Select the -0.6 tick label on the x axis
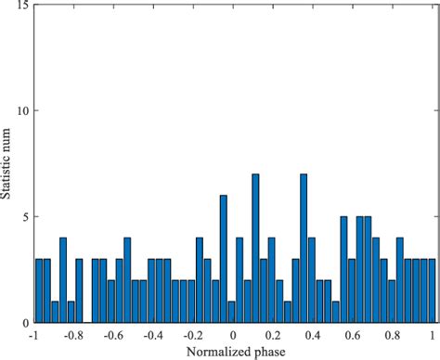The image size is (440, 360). point(111,335)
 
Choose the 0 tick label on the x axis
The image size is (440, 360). point(234,335)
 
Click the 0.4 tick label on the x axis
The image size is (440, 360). point(313,335)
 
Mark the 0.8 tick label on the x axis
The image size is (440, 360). point(393,335)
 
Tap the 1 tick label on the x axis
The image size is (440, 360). point(433,335)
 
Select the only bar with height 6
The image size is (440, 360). point(223,260)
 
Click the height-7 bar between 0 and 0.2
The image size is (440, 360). point(255,249)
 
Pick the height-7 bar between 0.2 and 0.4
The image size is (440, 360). point(303,249)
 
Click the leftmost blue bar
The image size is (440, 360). point(39,291)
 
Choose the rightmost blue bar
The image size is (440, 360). point(431,291)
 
